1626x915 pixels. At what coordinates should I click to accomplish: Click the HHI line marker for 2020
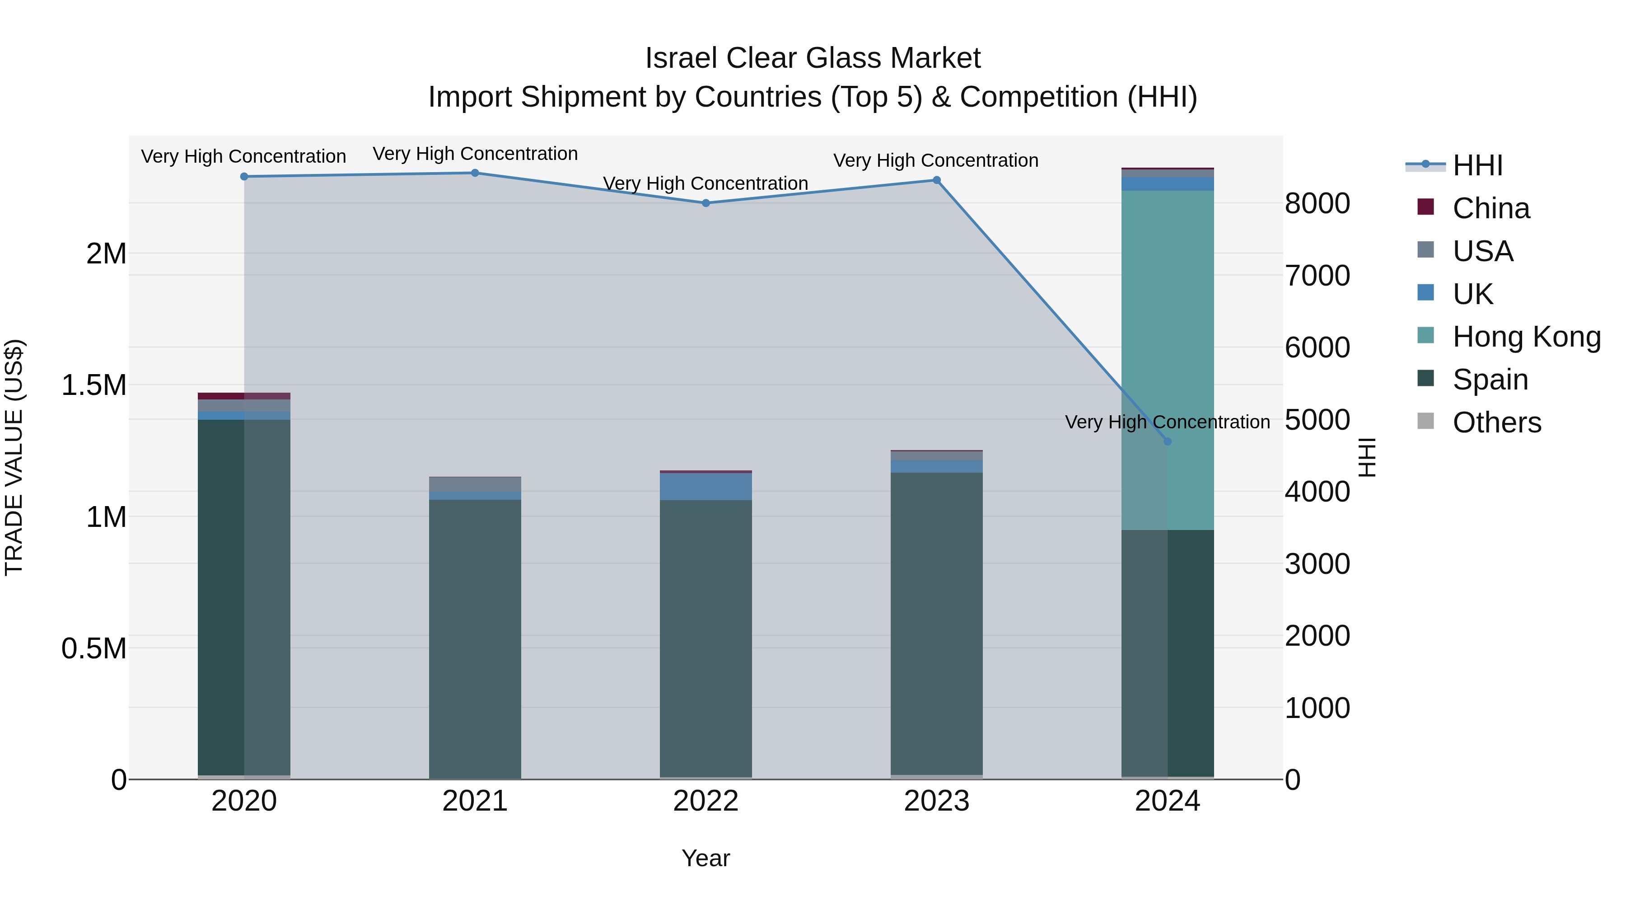tap(244, 177)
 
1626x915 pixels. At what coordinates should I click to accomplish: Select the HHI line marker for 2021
tap(475, 173)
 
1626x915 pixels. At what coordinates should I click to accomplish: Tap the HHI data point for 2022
tap(706, 203)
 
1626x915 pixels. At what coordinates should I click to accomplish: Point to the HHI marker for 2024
tap(1167, 442)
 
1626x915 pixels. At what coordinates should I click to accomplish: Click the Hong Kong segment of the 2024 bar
tap(1168, 360)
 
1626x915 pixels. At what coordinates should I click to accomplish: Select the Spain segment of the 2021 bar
tap(475, 638)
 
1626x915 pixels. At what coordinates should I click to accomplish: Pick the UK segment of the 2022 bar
tap(706, 486)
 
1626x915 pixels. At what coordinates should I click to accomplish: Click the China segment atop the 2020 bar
tap(244, 396)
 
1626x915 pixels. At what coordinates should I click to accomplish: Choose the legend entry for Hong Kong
tap(1526, 337)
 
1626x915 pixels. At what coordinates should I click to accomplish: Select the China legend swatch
tap(1426, 207)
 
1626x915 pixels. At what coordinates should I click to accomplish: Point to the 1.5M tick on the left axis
tap(94, 385)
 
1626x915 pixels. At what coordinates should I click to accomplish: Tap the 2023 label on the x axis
tap(937, 801)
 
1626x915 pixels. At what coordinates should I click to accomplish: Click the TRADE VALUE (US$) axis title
tap(14, 457)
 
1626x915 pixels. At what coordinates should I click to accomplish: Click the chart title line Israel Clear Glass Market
tap(813, 58)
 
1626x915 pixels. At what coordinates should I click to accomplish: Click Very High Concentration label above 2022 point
tap(706, 184)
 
